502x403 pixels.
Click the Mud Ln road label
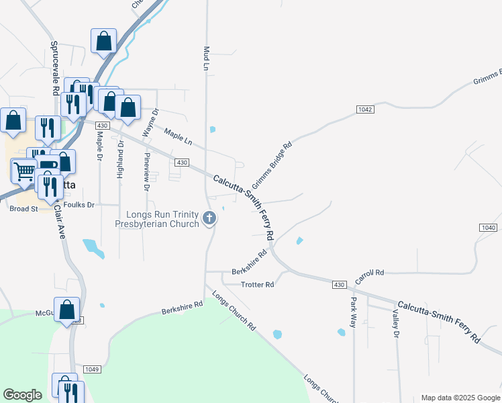(x=207, y=58)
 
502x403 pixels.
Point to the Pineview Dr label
(x=147, y=171)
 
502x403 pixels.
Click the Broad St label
(x=23, y=209)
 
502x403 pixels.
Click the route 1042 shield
(x=365, y=109)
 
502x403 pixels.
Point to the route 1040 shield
(x=489, y=228)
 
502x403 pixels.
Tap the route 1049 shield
(x=92, y=369)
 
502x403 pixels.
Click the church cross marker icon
(x=210, y=218)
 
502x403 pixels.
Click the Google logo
(x=22, y=395)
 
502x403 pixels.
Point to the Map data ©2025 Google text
(x=460, y=398)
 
